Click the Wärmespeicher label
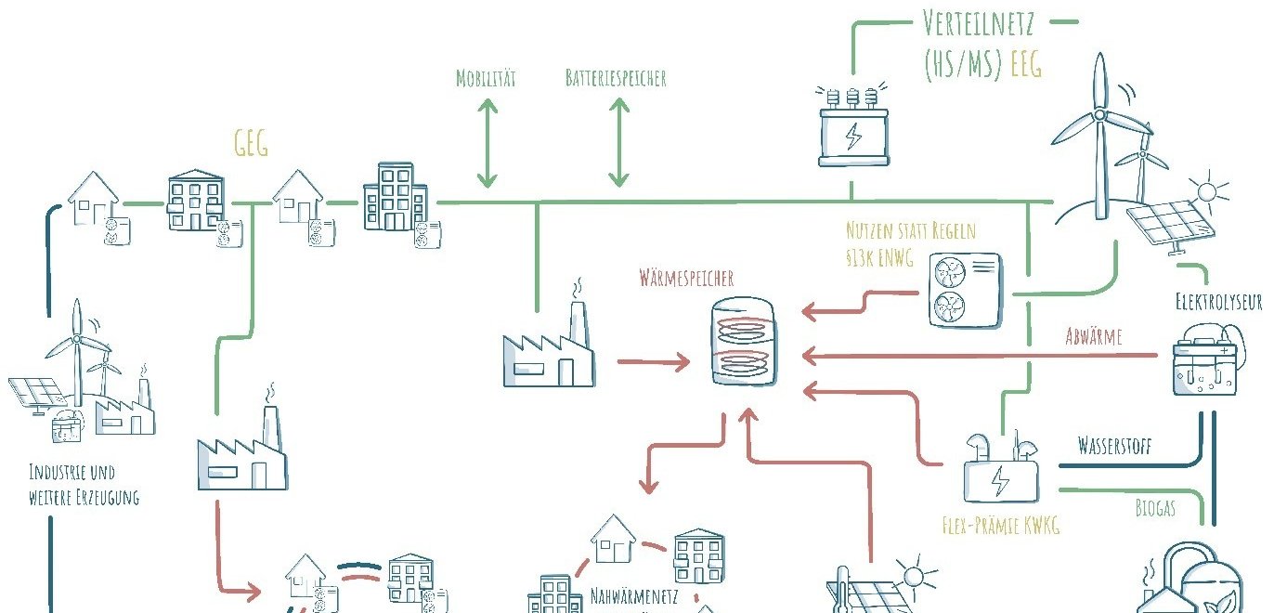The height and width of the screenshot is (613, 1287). (x=686, y=278)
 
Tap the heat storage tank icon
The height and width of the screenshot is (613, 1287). (x=744, y=341)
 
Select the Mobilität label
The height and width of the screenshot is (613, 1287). (x=486, y=78)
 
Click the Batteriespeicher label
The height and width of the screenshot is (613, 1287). (x=616, y=78)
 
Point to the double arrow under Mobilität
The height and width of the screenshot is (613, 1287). (x=486, y=143)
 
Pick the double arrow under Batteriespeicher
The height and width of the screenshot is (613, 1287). (x=618, y=143)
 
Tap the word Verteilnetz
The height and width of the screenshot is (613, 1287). (x=980, y=21)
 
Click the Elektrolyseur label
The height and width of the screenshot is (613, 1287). (x=1218, y=302)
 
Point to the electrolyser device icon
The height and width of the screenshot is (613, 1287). (x=1206, y=361)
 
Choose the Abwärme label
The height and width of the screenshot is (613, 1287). (x=1093, y=336)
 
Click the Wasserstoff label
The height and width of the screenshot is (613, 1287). (x=1114, y=446)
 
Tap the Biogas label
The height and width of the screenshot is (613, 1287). (x=1154, y=508)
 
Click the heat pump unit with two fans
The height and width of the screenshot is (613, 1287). (x=967, y=289)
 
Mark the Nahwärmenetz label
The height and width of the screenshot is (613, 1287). (x=633, y=595)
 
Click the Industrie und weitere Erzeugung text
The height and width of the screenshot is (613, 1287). (x=84, y=485)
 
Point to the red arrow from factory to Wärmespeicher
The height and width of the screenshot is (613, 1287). (x=653, y=362)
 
